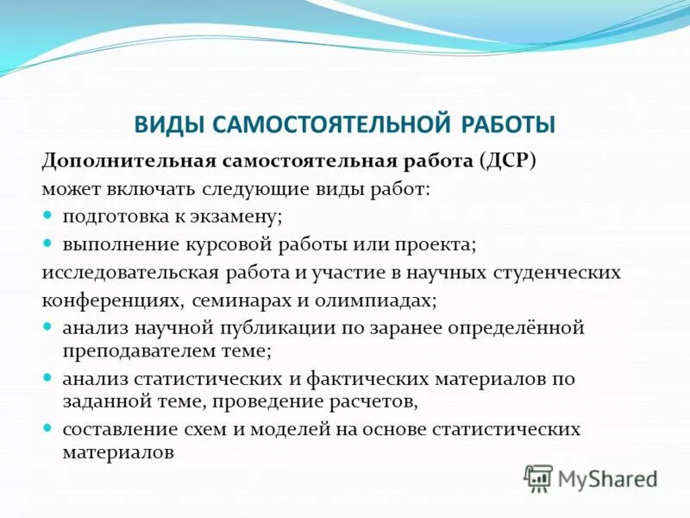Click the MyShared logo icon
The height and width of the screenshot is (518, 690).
tap(538, 477)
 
